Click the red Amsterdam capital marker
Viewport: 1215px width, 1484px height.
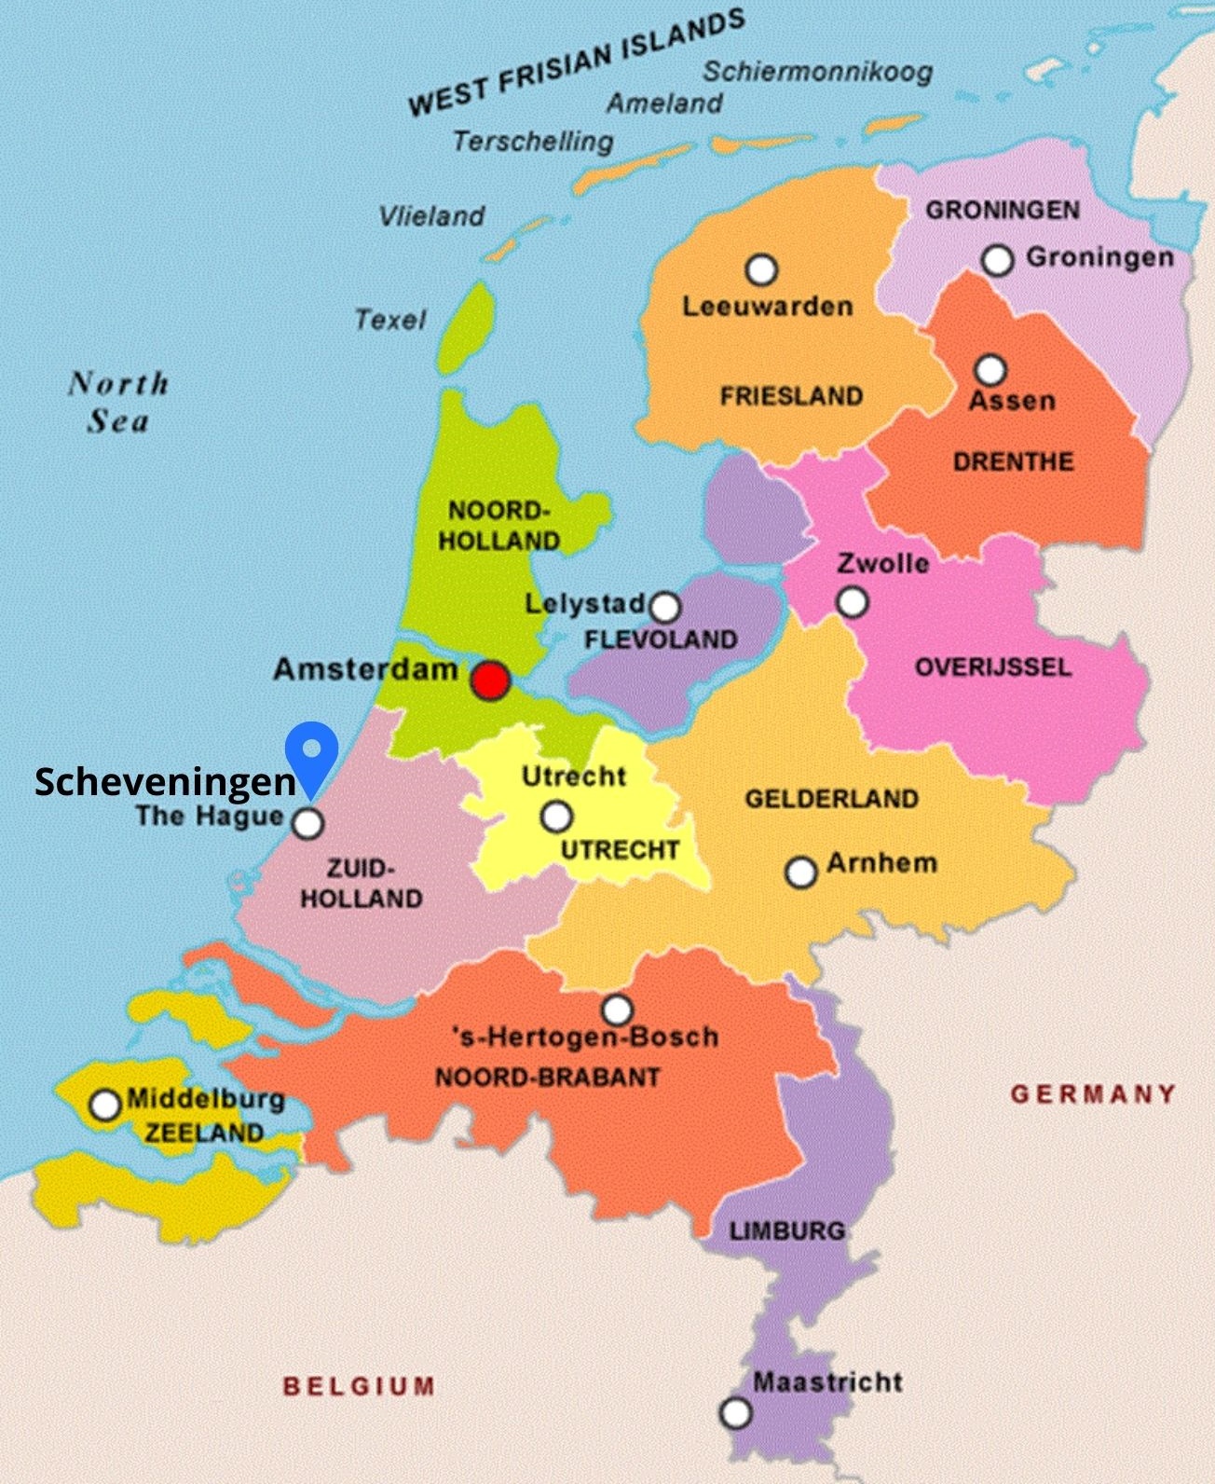tap(490, 680)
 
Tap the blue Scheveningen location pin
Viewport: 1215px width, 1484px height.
tap(310, 749)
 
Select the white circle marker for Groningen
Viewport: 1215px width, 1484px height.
tap(997, 260)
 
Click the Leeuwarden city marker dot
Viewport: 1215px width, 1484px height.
tap(761, 270)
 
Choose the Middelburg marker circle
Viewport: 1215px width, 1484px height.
tap(105, 1105)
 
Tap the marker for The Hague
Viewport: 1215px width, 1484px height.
tap(308, 823)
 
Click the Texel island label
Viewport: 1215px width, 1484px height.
tap(389, 320)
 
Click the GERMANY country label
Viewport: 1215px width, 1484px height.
tap(1093, 1093)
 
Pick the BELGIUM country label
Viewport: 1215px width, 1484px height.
tap(359, 1386)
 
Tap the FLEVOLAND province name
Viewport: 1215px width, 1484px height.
tap(661, 639)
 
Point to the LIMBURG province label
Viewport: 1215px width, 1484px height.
tap(786, 1230)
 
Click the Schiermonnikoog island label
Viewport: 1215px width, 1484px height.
tap(817, 72)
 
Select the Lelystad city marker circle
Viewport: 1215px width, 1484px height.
tap(664, 608)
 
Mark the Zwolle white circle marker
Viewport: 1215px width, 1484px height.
tap(852, 602)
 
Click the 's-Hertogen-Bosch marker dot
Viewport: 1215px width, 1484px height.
tap(617, 1010)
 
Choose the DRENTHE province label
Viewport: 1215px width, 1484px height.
tap(1013, 461)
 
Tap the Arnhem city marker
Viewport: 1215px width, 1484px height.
tap(800, 873)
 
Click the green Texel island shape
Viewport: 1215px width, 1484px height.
tap(467, 326)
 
